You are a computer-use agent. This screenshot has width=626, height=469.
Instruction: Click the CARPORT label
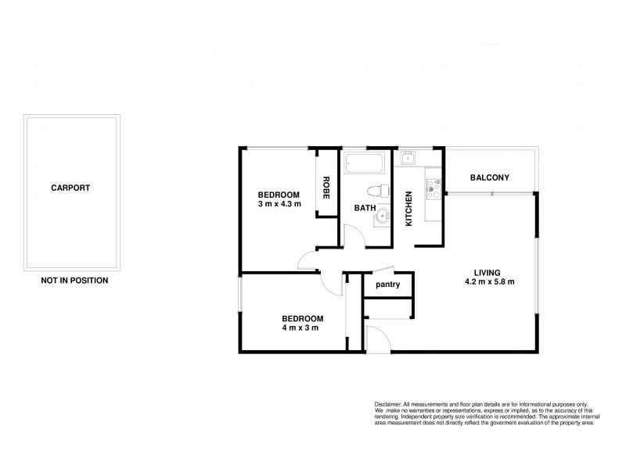click(x=70, y=188)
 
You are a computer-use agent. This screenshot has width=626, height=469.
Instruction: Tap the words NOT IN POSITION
click(x=74, y=280)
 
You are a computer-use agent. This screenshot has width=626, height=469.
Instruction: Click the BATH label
click(x=364, y=208)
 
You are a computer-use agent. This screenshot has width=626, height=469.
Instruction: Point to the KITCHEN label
click(x=408, y=209)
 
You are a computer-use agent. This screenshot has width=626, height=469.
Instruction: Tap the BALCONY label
click(x=489, y=178)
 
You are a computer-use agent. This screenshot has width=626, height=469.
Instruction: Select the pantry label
click(x=387, y=285)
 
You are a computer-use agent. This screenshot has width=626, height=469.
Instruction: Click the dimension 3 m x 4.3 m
click(x=279, y=204)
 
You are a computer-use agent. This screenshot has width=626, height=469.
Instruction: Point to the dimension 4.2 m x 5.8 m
click(x=489, y=282)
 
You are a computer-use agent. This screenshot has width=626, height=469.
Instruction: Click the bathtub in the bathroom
click(x=364, y=165)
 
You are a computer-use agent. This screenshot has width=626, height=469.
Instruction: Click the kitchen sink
click(x=408, y=159)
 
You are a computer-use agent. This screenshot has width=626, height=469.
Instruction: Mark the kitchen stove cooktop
click(x=431, y=188)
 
